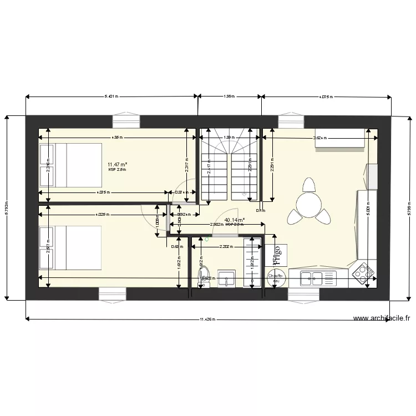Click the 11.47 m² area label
click(118, 164)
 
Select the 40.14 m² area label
click(235, 220)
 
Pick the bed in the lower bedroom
click(70, 248)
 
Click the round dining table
click(307, 205)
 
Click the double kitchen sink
click(311, 278)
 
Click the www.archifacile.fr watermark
click(382, 319)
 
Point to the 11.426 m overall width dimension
click(208, 319)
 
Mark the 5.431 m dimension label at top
click(111, 97)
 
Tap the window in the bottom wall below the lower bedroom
click(113, 293)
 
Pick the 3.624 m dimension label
click(321, 138)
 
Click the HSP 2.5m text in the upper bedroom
click(118, 170)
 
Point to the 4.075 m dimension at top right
click(326, 97)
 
